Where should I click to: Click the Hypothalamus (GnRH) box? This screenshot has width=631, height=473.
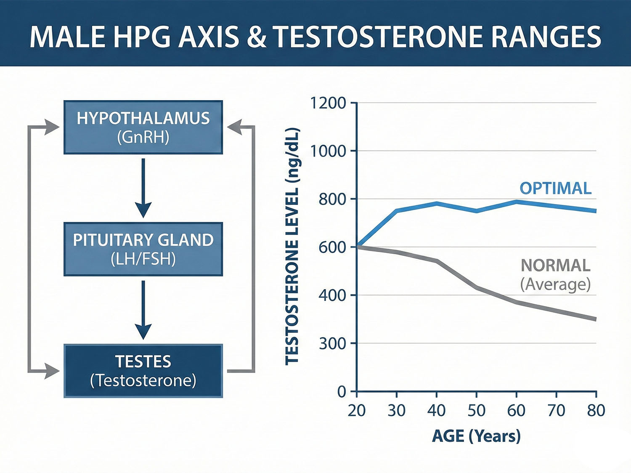pyautogui.click(x=143, y=127)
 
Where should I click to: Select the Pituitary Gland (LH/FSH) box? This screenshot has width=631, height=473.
pyautogui.click(x=143, y=249)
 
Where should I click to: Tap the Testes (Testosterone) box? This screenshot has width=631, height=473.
pyautogui.click(x=143, y=371)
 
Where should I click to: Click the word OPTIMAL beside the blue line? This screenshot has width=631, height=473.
pyautogui.click(x=555, y=188)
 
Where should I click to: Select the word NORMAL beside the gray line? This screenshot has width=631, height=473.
pyautogui.click(x=555, y=266)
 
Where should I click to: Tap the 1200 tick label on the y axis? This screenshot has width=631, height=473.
pyautogui.click(x=328, y=103)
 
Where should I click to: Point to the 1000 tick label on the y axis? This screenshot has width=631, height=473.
pyautogui.click(x=328, y=151)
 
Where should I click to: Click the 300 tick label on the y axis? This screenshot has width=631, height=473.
pyautogui.click(x=332, y=344)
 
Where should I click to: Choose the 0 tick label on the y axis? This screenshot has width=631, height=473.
pyautogui.click(x=342, y=392)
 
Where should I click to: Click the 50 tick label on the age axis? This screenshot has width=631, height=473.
pyautogui.click(x=476, y=410)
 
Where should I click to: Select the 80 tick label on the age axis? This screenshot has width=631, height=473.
pyautogui.click(x=596, y=410)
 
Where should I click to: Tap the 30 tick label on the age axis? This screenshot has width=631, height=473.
pyautogui.click(x=396, y=410)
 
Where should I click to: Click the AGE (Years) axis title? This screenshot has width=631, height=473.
pyautogui.click(x=476, y=436)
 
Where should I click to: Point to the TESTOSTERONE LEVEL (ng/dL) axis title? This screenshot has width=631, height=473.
pyautogui.click(x=292, y=246)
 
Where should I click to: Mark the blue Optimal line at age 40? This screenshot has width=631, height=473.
pyautogui.click(x=437, y=203)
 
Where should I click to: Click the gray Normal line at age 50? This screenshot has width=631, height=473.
pyautogui.click(x=476, y=288)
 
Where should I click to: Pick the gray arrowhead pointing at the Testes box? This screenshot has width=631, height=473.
pyautogui.click(x=53, y=371)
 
